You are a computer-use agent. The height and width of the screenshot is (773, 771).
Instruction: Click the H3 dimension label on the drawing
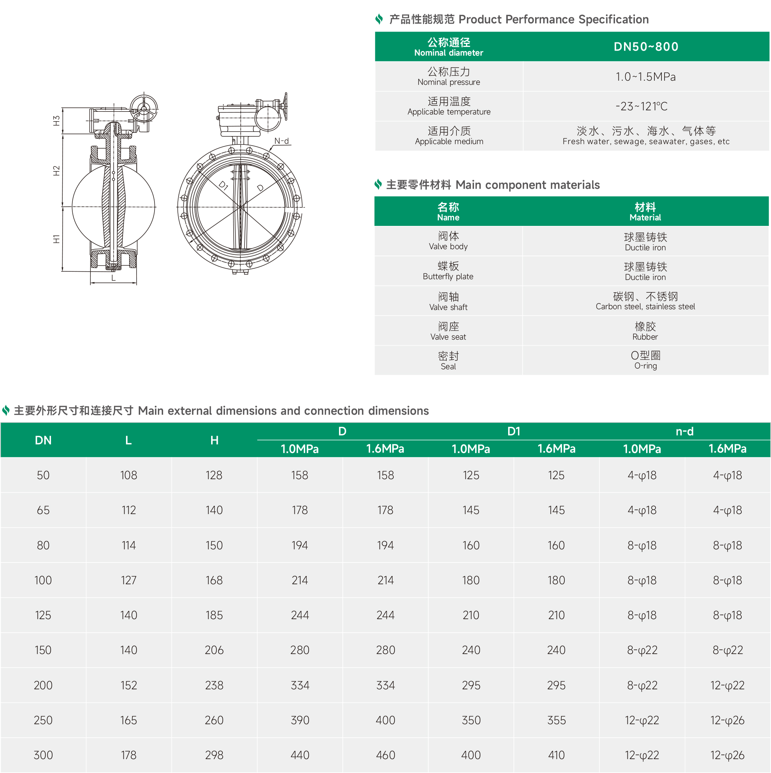point(56,120)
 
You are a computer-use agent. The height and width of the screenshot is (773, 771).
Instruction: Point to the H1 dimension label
point(56,239)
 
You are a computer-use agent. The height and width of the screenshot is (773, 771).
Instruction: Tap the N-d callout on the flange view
point(282,141)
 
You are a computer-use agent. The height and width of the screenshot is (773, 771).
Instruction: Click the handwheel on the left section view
point(144,108)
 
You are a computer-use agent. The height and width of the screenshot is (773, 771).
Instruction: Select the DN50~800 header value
point(646,47)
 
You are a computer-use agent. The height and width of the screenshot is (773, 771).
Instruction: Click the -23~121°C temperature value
point(641,107)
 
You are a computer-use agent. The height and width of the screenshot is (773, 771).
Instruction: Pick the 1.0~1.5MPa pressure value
point(645,77)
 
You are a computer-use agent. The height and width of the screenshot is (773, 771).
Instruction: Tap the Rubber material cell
point(645,331)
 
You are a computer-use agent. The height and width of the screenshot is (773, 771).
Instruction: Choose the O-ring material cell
point(645,360)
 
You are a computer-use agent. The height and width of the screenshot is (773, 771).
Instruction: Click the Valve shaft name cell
point(448,301)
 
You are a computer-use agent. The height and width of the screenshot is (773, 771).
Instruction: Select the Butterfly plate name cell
point(448,271)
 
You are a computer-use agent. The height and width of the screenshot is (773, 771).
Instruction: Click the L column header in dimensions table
point(128,441)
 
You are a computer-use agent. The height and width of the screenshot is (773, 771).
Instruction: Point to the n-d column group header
point(684,431)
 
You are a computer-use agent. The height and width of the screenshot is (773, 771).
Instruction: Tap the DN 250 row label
point(43,720)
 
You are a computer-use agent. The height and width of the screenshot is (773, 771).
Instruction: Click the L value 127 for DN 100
point(129,580)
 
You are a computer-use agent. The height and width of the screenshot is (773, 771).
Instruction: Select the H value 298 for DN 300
point(214,755)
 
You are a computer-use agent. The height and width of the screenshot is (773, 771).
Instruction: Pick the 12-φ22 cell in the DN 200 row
point(727,685)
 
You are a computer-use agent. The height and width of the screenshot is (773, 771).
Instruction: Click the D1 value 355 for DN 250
point(556,720)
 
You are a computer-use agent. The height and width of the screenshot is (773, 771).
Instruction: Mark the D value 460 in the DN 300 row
point(385,755)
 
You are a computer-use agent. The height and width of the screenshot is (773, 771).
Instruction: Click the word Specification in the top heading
point(613,19)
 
